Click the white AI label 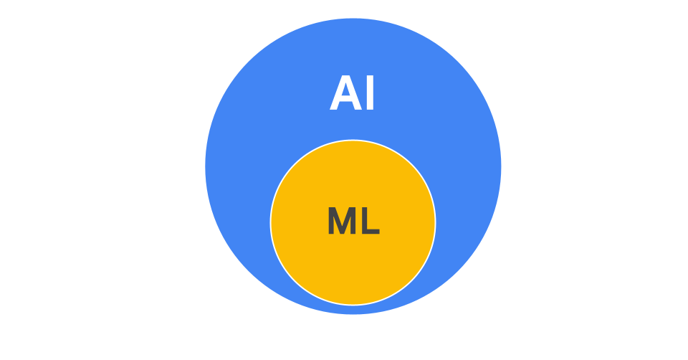[x=351, y=93]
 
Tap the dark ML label [x=353, y=220]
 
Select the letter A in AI [x=345, y=93]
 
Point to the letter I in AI [x=370, y=93]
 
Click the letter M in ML [x=342, y=220]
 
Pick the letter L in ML [x=371, y=220]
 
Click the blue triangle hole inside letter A [x=345, y=90]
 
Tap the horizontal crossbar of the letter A [x=345, y=98]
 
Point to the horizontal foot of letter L [x=371, y=232]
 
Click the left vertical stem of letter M [x=331, y=220]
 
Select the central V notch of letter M [x=342, y=224]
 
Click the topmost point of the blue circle [x=353, y=19]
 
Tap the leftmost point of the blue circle [x=206, y=166]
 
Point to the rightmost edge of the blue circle [x=501, y=166]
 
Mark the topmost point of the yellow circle [x=353, y=141]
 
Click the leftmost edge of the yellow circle [x=271, y=222]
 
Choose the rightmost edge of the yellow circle [x=435, y=222]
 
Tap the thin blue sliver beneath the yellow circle [x=353, y=310]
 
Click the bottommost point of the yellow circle [x=353, y=304]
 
